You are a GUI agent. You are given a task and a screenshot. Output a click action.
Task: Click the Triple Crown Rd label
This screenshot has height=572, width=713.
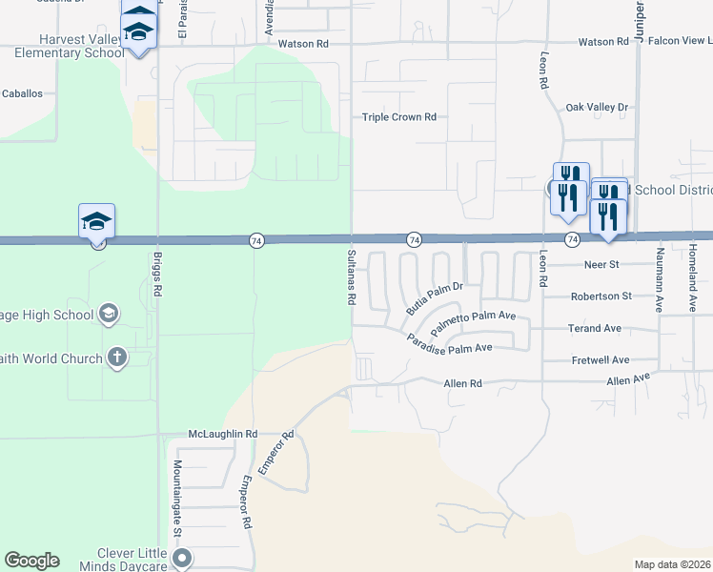(398, 117)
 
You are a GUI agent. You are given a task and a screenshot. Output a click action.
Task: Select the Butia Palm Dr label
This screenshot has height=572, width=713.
(434, 296)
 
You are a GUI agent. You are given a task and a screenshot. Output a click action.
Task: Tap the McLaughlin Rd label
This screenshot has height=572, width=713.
(223, 434)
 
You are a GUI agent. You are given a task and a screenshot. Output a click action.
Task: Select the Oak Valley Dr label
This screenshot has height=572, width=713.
(597, 108)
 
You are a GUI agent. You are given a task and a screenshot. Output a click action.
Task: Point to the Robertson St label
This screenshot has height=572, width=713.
(601, 296)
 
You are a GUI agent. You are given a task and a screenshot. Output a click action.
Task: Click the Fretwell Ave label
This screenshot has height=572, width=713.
(600, 360)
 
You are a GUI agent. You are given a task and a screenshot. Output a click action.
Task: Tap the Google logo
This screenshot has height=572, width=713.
(31, 561)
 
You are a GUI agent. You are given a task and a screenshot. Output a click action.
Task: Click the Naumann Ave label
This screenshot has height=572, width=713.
(659, 279)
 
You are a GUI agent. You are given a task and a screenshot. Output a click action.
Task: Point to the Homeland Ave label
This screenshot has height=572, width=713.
(692, 279)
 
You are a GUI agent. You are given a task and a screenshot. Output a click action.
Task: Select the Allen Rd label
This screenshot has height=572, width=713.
(463, 383)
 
